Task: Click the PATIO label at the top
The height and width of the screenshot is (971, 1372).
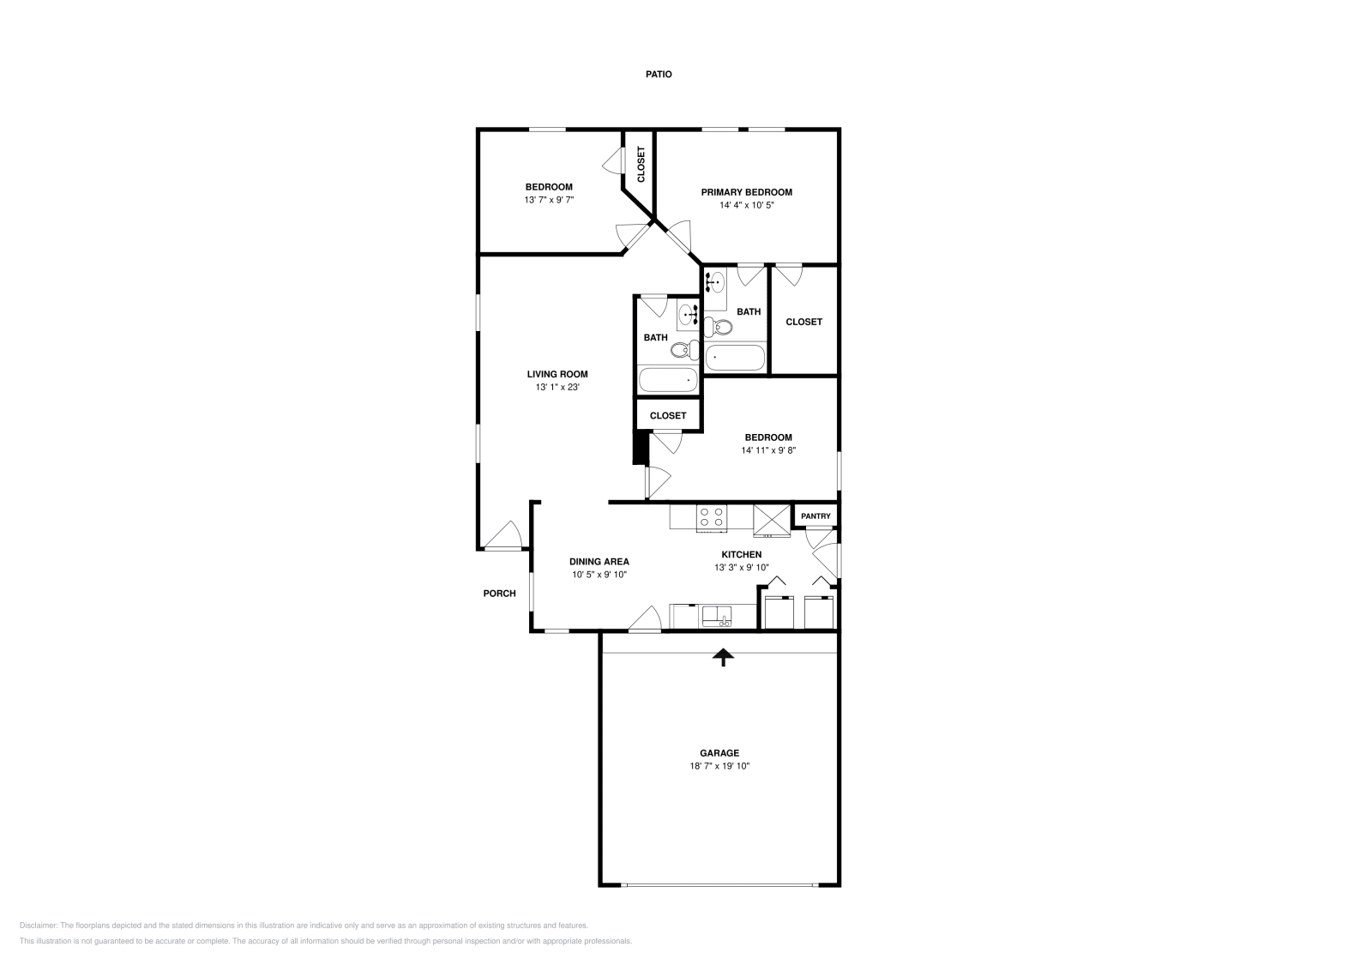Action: pos(659,75)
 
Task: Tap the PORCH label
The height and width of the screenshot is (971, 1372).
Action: pos(499,593)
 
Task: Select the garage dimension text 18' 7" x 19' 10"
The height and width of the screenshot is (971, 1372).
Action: pos(719,766)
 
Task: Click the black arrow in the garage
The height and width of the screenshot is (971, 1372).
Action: pos(725,657)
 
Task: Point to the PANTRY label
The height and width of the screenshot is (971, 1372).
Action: pos(815,516)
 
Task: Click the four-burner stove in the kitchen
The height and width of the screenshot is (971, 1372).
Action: pos(712,516)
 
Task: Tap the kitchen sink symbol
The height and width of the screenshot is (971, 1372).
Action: pos(714,615)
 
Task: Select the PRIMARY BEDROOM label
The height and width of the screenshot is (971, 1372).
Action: pos(746,192)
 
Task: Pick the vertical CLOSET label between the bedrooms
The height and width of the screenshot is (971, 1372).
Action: pos(641,164)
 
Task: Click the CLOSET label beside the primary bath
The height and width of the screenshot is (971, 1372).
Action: pos(803,322)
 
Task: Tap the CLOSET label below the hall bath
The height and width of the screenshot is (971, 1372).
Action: pos(667,415)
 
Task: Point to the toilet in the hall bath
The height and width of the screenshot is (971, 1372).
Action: pos(680,350)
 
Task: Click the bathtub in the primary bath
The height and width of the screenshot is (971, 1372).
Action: pos(735,358)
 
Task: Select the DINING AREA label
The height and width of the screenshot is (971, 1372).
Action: pos(599,562)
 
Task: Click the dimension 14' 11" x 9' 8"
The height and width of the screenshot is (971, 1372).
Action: pos(768,450)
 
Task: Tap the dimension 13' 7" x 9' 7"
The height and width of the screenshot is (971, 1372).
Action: pos(549,200)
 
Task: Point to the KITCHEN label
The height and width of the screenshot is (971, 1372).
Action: pos(741,554)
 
